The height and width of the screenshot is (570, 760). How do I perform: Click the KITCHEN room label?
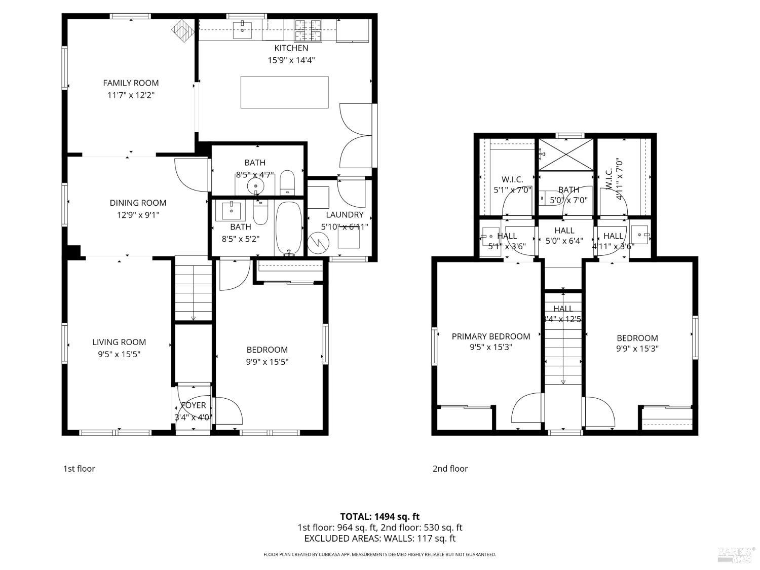click(x=291, y=48)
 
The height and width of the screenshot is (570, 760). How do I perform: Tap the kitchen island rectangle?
click(x=284, y=92)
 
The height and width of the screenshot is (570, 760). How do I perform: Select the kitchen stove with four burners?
click(x=308, y=30)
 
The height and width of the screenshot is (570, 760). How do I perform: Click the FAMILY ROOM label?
click(x=131, y=83)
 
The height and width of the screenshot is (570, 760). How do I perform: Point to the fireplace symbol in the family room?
click(x=183, y=31)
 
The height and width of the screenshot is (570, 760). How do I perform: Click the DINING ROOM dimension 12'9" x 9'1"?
click(x=138, y=215)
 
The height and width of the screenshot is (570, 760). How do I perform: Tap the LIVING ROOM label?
click(x=119, y=343)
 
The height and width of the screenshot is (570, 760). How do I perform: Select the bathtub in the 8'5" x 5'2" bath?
click(x=289, y=229)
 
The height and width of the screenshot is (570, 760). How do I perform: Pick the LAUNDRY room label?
click(x=345, y=215)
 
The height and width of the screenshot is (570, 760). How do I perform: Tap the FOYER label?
click(x=194, y=405)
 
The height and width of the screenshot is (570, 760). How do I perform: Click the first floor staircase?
click(x=193, y=289)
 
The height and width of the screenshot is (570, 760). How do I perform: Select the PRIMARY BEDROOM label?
click(x=490, y=336)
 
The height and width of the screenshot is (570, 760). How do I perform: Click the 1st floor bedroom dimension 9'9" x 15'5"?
click(x=267, y=362)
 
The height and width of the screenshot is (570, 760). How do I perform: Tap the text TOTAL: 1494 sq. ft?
click(x=379, y=517)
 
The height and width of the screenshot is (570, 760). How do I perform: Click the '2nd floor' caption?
click(x=450, y=469)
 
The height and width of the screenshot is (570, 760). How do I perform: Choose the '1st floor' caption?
click(x=79, y=469)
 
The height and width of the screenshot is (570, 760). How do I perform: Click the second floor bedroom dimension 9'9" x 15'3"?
click(x=637, y=349)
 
